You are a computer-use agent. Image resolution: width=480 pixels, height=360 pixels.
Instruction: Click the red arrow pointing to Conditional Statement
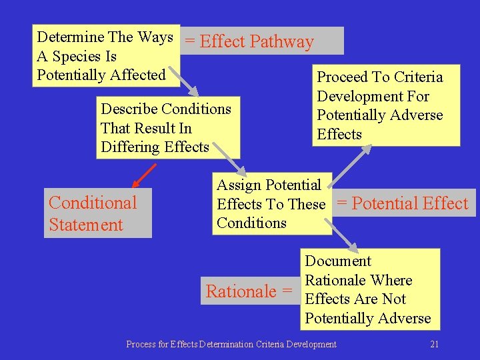143,175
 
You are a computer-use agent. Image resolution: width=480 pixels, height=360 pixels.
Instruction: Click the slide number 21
435,344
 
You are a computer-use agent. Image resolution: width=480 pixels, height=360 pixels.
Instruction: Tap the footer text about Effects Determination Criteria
231,344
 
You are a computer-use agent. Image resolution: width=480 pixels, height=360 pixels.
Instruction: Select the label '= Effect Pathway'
249,41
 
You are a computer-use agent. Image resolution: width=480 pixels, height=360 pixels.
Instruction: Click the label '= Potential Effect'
403,203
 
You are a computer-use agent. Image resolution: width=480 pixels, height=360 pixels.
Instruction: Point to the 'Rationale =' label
249,291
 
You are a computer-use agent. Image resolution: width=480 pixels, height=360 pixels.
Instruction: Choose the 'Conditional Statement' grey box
98,213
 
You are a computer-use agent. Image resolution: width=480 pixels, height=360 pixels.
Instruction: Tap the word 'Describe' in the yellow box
129,109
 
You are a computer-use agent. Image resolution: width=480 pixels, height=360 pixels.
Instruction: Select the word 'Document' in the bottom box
338,261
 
